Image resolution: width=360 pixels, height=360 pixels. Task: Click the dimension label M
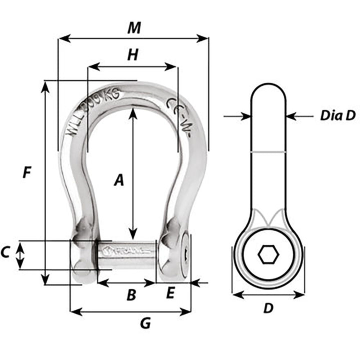(x=133, y=28)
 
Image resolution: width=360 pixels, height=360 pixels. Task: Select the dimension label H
(x=132, y=55)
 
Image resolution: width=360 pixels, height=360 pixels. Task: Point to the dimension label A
(x=118, y=179)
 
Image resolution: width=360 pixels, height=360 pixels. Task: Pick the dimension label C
(x=5, y=253)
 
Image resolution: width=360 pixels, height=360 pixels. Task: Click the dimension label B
(x=131, y=295)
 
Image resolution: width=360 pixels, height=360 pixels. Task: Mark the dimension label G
(x=145, y=323)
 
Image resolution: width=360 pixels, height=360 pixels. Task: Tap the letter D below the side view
(x=268, y=308)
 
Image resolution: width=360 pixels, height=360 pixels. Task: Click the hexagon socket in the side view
(x=268, y=255)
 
